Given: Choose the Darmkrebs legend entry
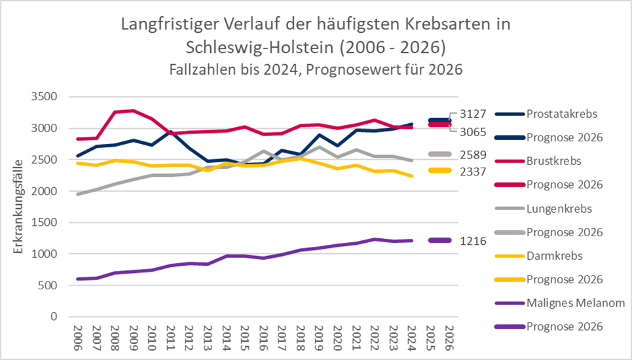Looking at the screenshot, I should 553,256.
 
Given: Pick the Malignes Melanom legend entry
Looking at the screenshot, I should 575,303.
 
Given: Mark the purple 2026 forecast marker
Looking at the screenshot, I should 439,240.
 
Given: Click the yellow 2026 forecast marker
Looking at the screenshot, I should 439,170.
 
